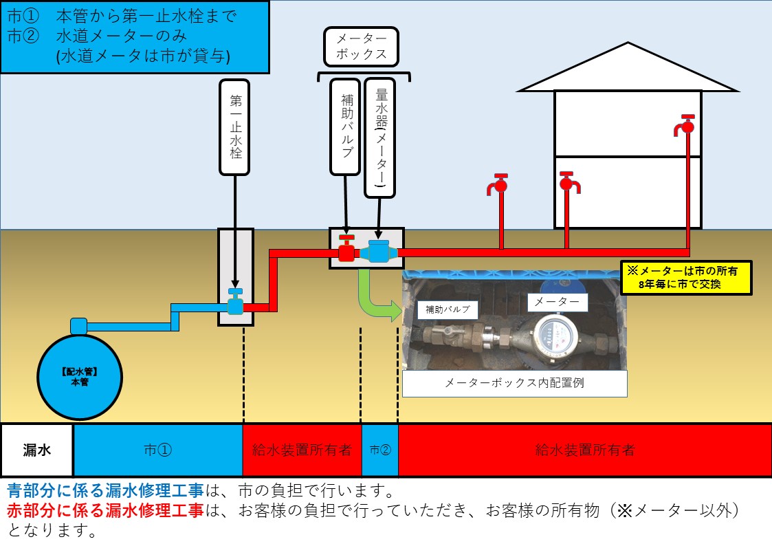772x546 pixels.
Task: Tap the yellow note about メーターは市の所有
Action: (685, 278)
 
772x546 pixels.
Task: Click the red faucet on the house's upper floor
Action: (685, 127)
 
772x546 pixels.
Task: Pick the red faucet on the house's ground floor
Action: (567, 184)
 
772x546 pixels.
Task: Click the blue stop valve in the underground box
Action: (235, 303)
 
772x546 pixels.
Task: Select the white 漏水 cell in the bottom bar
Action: (37, 450)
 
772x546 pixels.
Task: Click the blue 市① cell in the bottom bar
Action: (158, 450)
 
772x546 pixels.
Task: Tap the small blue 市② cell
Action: (379, 450)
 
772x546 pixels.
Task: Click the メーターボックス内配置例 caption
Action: (514, 384)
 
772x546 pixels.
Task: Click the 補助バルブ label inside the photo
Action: (448, 309)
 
